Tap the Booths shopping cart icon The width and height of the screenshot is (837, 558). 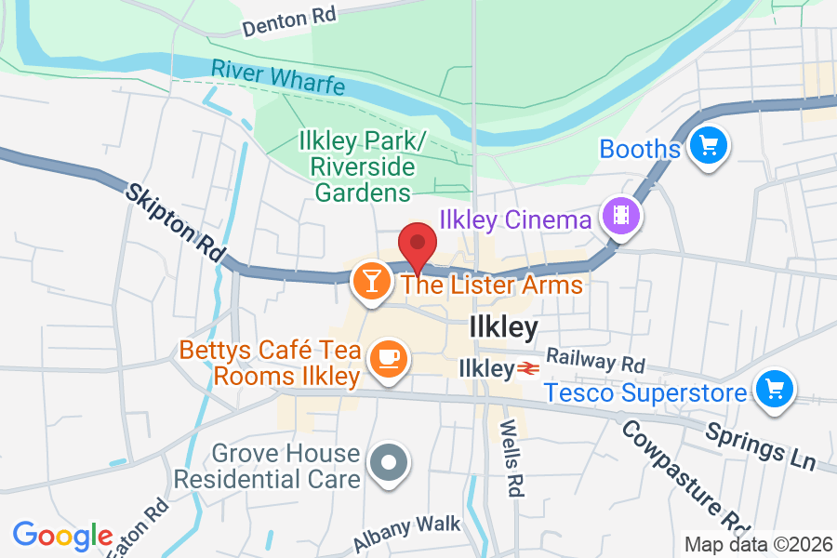tap(709, 146)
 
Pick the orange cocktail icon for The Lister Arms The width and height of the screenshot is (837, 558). tap(371, 280)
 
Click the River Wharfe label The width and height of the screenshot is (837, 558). tap(277, 77)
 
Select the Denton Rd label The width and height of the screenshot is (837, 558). tap(287, 20)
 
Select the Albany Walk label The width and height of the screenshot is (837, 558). tap(406, 531)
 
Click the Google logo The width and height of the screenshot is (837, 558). tap(62, 535)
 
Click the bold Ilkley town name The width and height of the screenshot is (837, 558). tap(503, 327)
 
